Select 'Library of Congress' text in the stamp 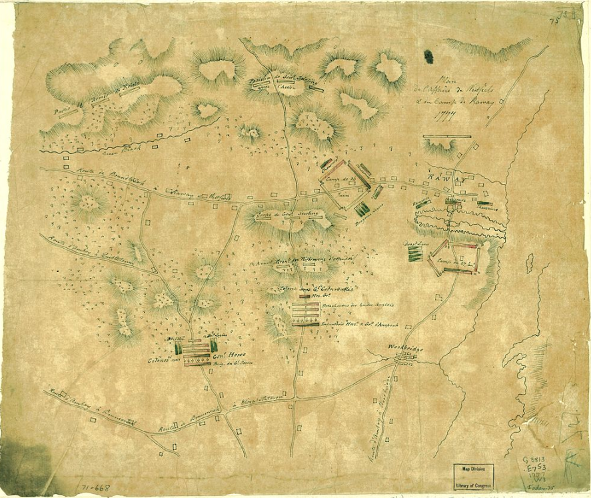474,481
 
